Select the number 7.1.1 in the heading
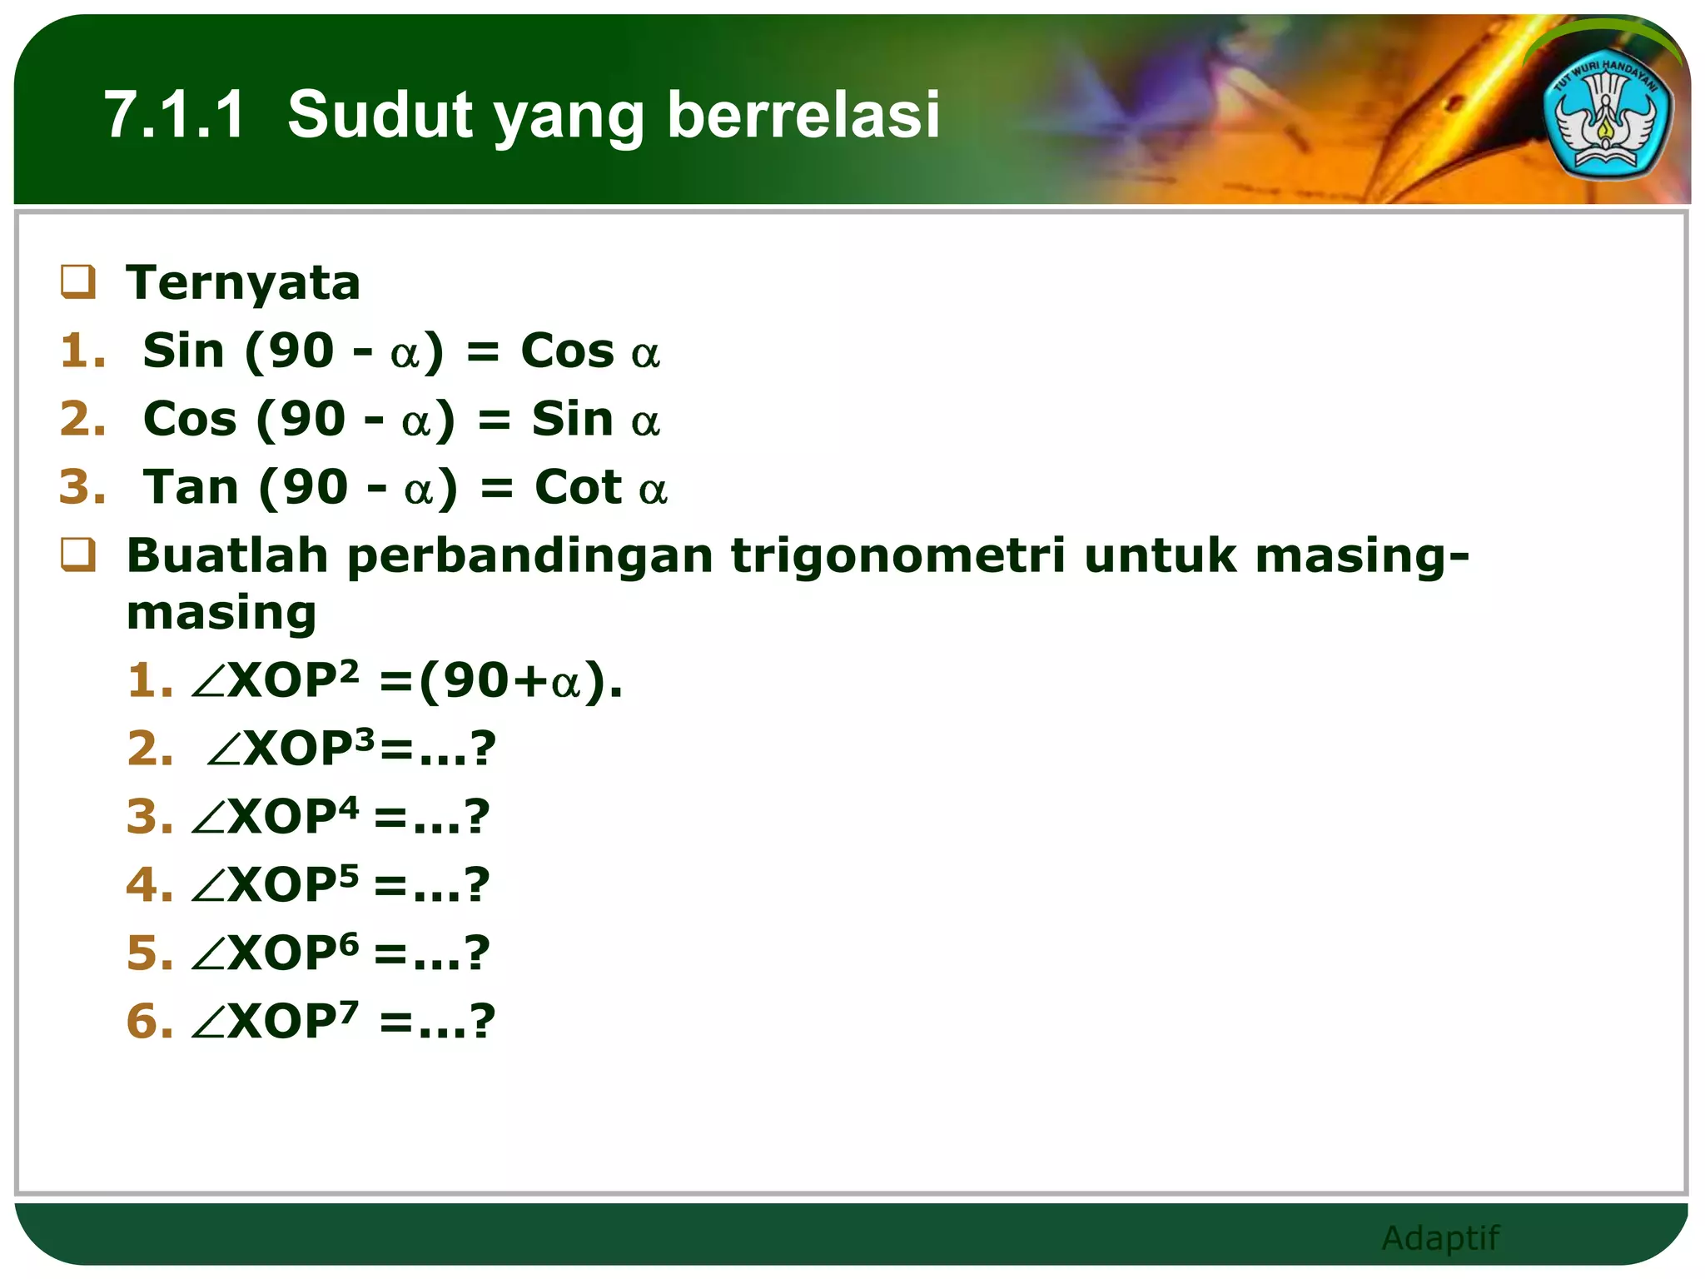tap(175, 115)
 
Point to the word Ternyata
tap(243, 283)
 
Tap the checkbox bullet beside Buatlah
tap(78, 555)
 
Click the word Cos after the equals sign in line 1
tap(567, 351)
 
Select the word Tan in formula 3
tap(191, 487)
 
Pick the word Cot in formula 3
tap(578, 487)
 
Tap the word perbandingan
tap(530, 557)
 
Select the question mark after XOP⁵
tap(477, 884)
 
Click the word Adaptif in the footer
tap(1439, 1238)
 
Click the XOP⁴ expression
tap(291, 817)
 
